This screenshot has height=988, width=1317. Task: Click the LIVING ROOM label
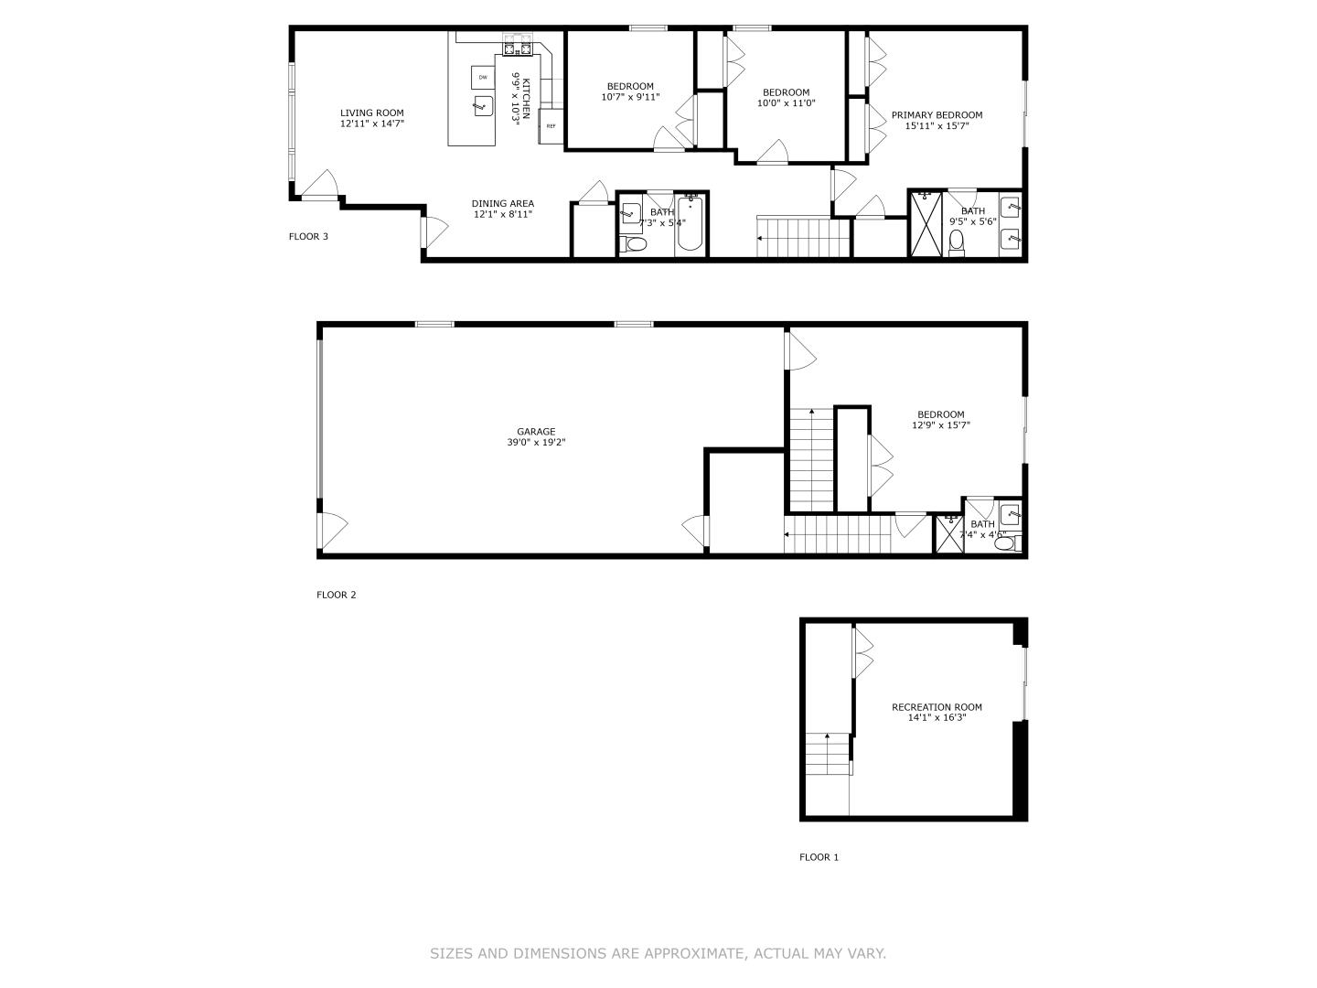click(371, 113)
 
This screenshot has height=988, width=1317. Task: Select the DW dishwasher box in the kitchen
click(482, 77)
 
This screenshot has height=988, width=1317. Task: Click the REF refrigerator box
click(551, 126)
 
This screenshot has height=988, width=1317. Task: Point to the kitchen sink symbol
click(482, 107)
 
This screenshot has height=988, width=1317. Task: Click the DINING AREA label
click(502, 204)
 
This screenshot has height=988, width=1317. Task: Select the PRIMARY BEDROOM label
click(937, 115)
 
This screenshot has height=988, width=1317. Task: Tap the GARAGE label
click(536, 432)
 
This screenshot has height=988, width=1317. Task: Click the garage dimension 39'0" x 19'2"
click(536, 443)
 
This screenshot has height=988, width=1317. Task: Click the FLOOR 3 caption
click(308, 237)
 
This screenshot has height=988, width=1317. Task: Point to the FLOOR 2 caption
click(336, 595)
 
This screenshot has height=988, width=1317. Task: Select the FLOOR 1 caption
click(819, 857)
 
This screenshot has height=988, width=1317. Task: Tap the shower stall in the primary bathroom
click(926, 223)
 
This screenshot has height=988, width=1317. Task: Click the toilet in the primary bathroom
click(957, 242)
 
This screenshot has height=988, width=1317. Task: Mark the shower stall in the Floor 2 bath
click(948, 535)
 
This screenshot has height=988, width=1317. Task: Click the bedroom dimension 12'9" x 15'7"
click(940, 425)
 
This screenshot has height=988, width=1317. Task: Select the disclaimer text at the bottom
click(658, 953)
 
